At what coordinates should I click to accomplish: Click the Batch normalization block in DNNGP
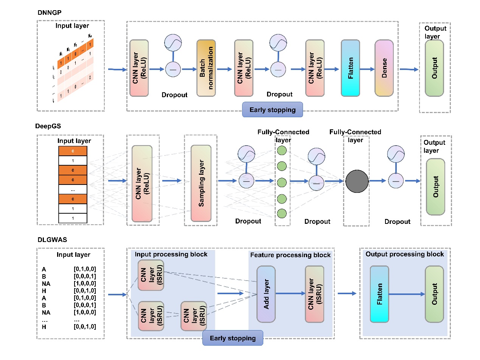206,69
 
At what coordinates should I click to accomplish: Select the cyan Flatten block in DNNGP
350,68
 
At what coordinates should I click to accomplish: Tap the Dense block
384,68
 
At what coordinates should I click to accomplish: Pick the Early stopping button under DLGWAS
232,338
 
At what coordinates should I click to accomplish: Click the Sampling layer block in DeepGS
201,183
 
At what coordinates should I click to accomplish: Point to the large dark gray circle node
357,181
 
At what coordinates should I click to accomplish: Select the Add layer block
266,294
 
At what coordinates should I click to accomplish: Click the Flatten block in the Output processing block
379,294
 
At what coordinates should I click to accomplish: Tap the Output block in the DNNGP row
434,68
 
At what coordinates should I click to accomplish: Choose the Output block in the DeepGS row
435,187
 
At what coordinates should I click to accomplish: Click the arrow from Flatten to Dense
367,69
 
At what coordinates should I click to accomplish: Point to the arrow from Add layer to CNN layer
290,293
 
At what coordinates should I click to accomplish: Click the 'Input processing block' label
171,254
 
